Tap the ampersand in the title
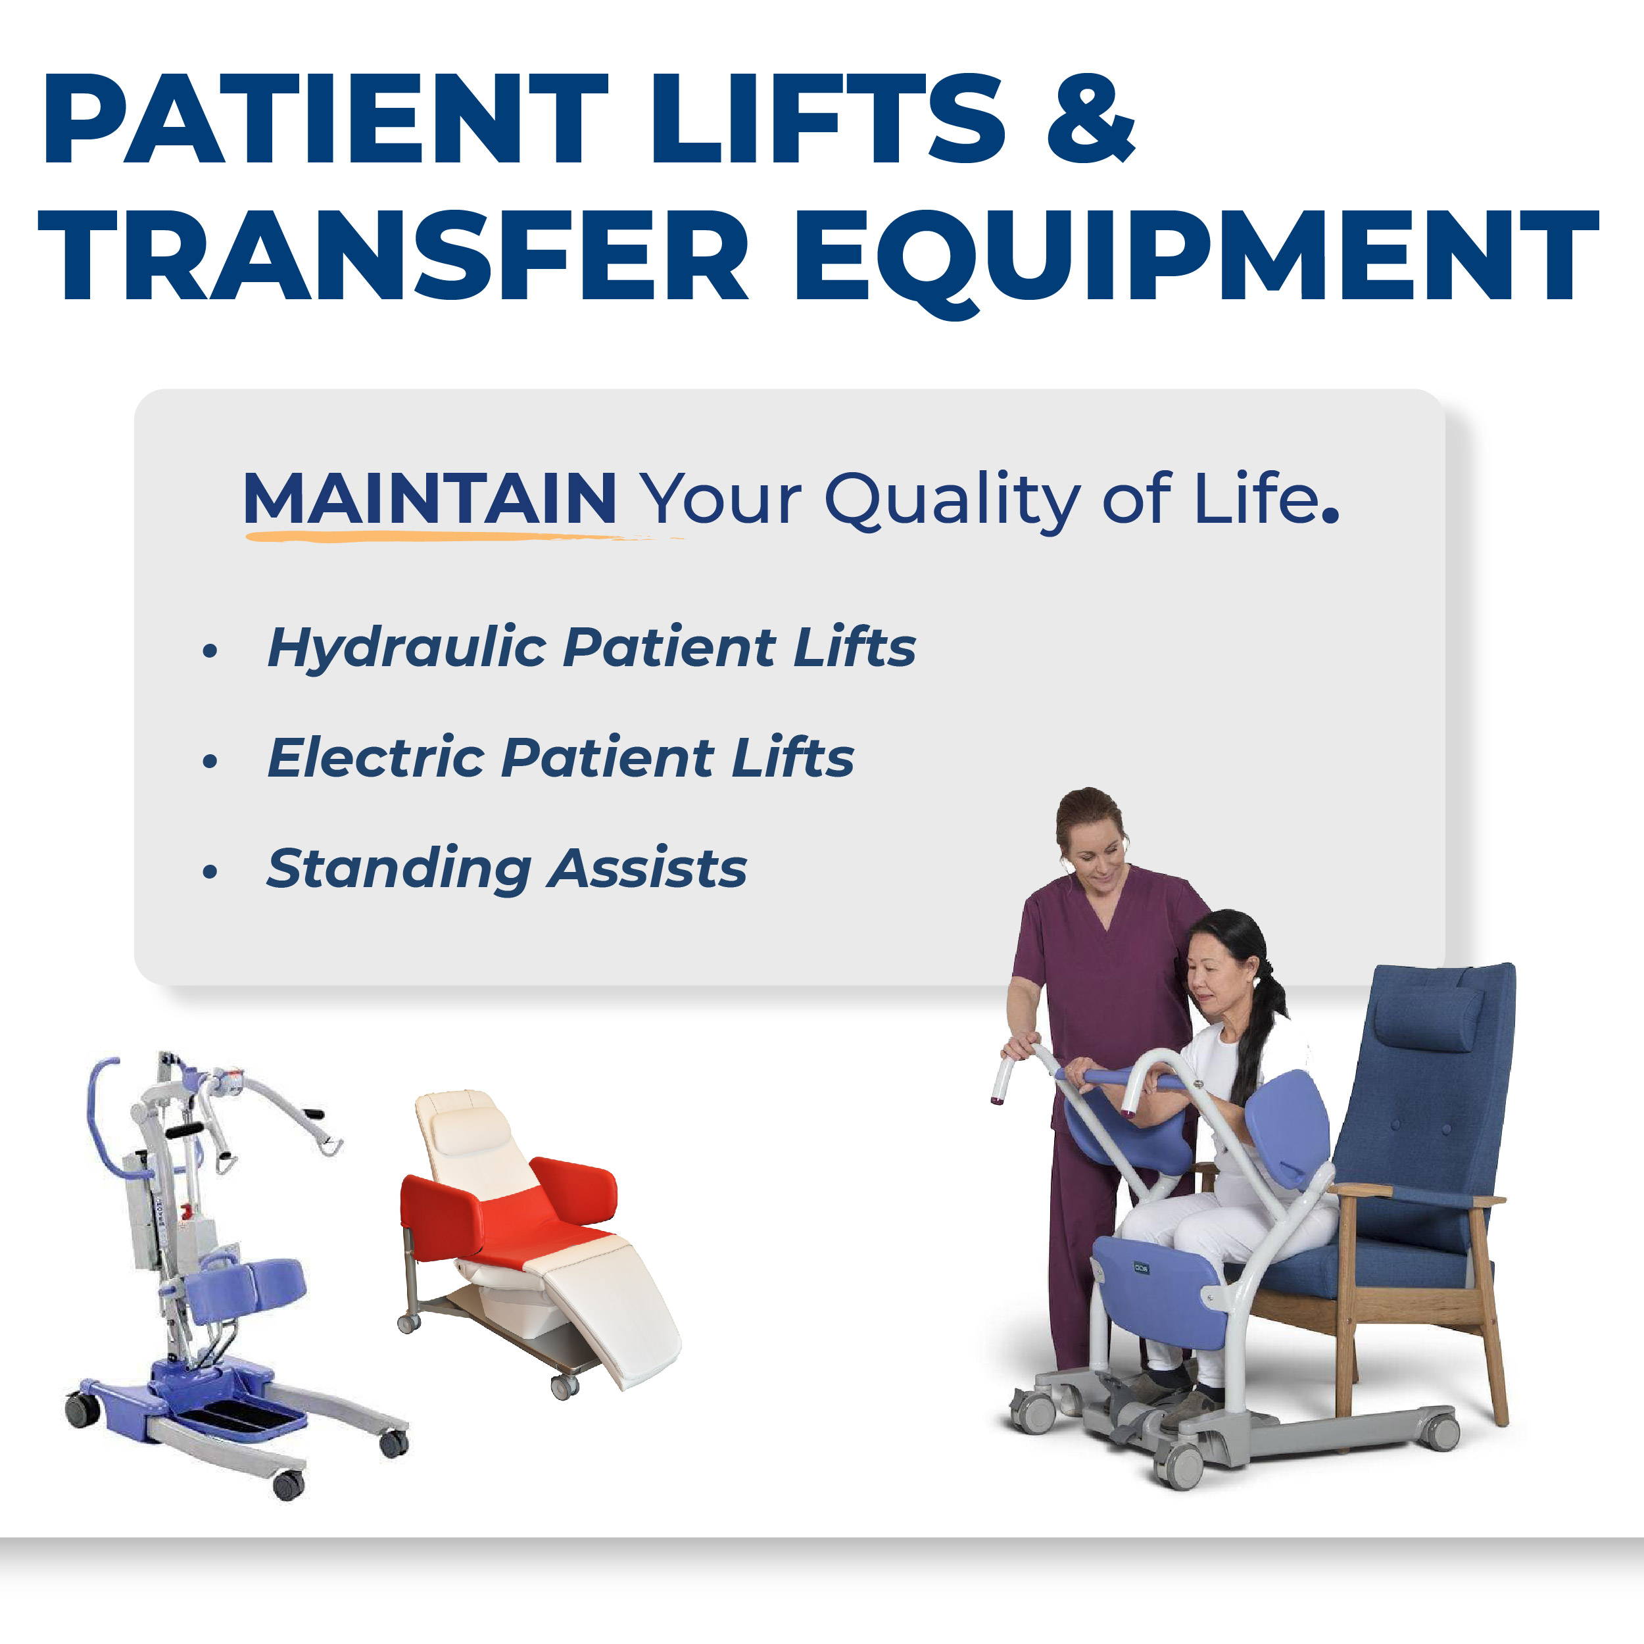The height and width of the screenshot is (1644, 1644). [x=1091, y=118]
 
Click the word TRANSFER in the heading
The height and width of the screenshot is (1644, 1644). [x=393, y=255]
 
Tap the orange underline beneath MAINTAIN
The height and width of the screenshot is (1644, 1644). [x=460, y=536]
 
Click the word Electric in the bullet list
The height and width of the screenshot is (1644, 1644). [x=375, y=758]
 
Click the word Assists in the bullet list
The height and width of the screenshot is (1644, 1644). [x=646, y=869]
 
